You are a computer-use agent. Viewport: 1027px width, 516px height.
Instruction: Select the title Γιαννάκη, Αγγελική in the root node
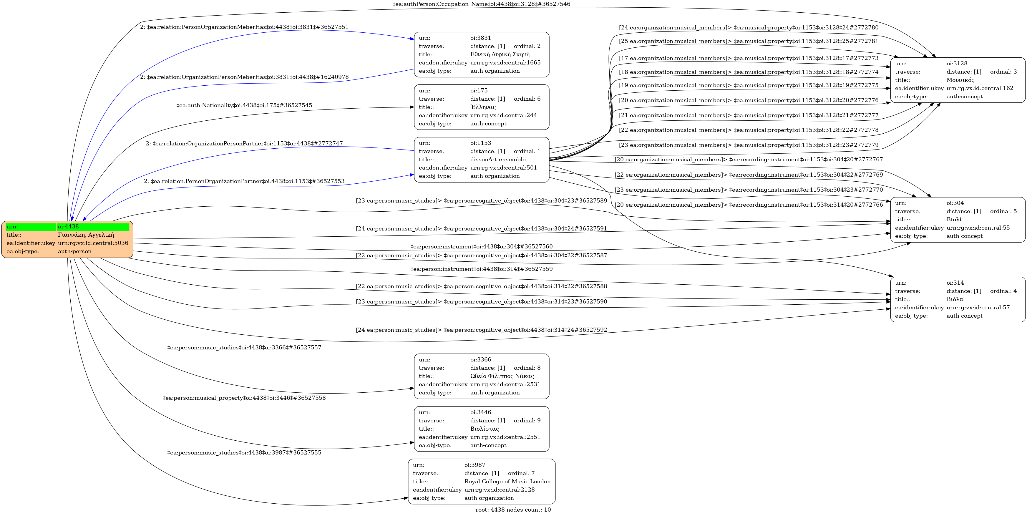click(86, 235)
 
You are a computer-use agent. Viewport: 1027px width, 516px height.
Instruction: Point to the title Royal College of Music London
click(507, 482)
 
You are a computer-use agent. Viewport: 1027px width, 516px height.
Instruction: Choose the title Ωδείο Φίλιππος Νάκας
click(502, 376)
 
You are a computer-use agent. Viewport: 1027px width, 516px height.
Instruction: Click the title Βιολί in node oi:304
click(954, 220)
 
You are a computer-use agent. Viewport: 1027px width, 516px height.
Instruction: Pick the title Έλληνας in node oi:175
click(483, 107)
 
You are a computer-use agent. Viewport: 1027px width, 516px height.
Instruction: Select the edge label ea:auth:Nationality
click(244, 106)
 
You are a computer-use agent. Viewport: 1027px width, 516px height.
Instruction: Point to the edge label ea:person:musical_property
click(244, 398)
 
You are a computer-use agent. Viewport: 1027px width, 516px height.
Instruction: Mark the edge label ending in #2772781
click(748, 42)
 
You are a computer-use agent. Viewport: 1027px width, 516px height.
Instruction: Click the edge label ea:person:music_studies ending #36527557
click(244, 348)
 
